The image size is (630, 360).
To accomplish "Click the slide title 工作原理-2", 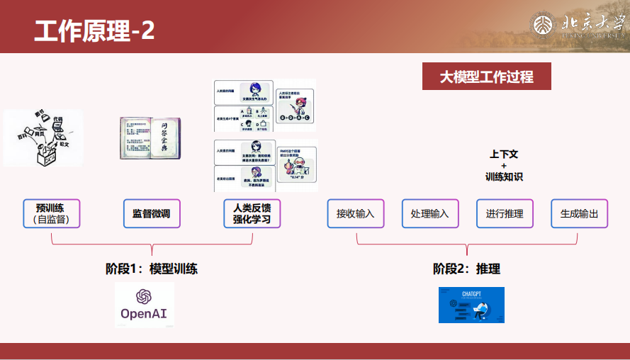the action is pyautogui.click(x=94, y=30).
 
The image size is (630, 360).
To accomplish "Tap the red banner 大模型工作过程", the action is pyautogui.click(x=486, y=77).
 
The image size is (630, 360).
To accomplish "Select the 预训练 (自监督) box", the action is pyautogui.click(x=51, y=213).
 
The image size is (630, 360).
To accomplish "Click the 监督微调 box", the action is pyautogui.click(x=151, y=213).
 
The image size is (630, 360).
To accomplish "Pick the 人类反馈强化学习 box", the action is pyautogui.click(x=252, y=213).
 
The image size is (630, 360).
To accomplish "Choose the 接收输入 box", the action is pyautogui.click(x=355, y=213).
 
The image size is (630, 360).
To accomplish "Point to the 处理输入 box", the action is pyautogui.click(x=430, y=213).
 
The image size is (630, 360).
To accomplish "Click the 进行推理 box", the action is pyautogui.click(x=505, y=213).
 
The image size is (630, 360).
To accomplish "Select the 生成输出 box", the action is pyautogui.click(x=579, y=213).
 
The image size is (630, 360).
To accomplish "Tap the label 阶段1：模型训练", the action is pyautogui.click(x=152, y=269).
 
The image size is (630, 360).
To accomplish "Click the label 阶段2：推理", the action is pyautogui.click(x=466, y=269).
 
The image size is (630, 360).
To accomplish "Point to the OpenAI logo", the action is pyautogui.click(x=145, y=305).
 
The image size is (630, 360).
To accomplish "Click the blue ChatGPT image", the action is pyautogui.click(x=471, y=305).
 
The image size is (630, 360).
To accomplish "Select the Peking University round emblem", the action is pyautogui.click(x=544, y=26).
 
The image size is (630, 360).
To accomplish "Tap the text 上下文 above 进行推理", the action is pyautogui.click(x=504, y=154).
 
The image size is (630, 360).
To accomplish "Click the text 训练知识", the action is pyautogui.click(x=504, y=177).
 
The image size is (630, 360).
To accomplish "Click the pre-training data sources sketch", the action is pyautogui.click(x=44, y=137).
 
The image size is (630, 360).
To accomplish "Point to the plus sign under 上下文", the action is pyautogui.click(x=504, y=165).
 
